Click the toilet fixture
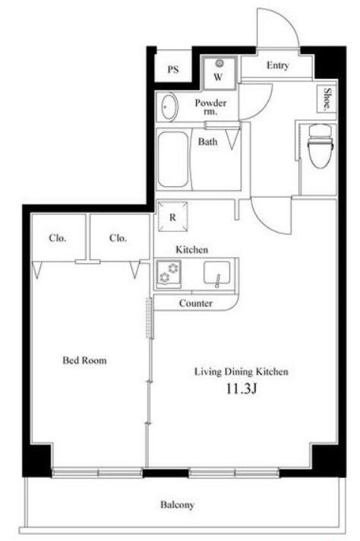point(321,146)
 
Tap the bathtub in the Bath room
point(173,159)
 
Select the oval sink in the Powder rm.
point(169,107)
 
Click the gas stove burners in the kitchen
point(169,272)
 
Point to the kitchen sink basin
point(217,273)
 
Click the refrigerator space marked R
point(172,217)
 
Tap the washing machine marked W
point(219,72)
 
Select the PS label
point(173,70)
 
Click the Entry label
point(277,65)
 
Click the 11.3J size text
point(242,389)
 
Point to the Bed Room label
point(84,360)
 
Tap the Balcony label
point(177,505)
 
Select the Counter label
point(195,303)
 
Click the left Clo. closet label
point(58,238)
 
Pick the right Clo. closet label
point(118,238)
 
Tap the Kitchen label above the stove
point(191,249)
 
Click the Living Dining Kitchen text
point(242,372)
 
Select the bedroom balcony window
point(97,473)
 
